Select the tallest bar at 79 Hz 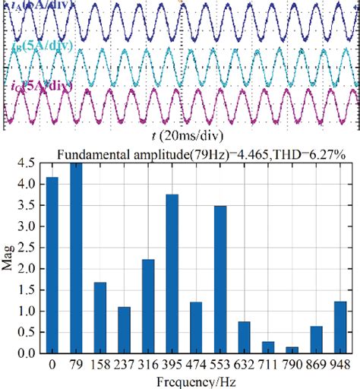coord(76,258)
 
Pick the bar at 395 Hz coord(172,274)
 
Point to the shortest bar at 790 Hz coord(293,350)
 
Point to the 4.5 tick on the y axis coord(28,162)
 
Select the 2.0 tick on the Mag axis coord(28,268)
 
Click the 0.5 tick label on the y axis coord(28,332)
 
